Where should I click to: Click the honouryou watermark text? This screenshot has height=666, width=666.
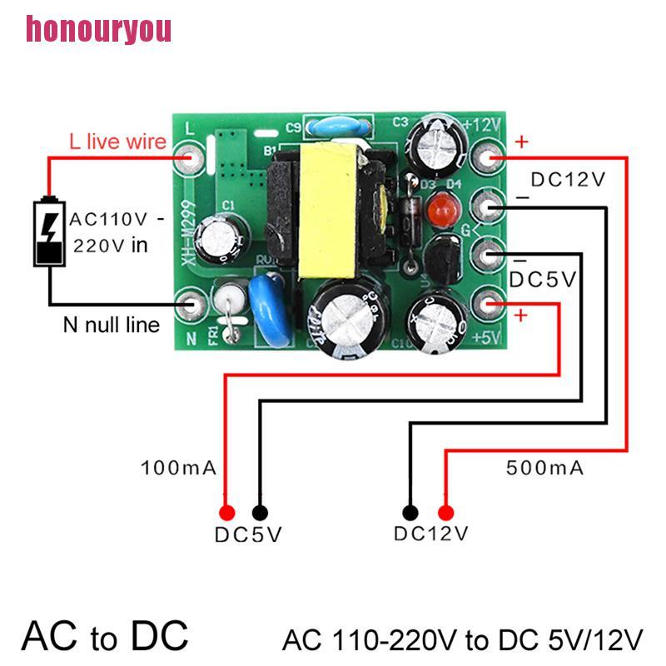98,29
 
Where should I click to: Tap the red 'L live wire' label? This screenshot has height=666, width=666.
117,142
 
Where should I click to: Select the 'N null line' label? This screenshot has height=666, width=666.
111,324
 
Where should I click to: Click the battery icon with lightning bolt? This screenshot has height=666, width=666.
49,232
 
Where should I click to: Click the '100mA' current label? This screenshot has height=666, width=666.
179,468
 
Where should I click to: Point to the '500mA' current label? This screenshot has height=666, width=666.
545,468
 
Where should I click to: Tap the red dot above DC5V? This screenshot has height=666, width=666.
225,512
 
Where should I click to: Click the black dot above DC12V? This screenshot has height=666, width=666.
410,512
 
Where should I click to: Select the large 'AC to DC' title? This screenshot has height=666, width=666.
106,636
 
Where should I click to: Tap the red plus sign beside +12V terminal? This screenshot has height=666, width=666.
521,142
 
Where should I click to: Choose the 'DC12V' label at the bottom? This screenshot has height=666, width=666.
431,533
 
